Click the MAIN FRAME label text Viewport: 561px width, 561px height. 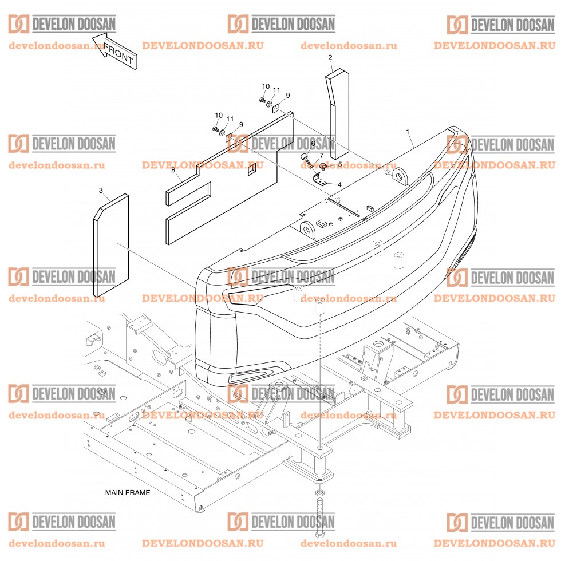[127, 492]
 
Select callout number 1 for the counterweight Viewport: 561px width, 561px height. [408, 132]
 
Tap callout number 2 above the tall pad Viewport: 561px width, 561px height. [330, 57]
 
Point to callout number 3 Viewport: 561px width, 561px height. [101, 189]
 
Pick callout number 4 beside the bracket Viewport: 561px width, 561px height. [339, 185]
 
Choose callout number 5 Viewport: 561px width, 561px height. [339, 164]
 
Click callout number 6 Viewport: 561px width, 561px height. [313, 143]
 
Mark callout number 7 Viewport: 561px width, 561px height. [321, 155]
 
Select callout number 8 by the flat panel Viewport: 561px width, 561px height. [172, 170]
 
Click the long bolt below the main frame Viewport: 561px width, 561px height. [319, 515]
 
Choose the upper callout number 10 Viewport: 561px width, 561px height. [266, 86]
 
